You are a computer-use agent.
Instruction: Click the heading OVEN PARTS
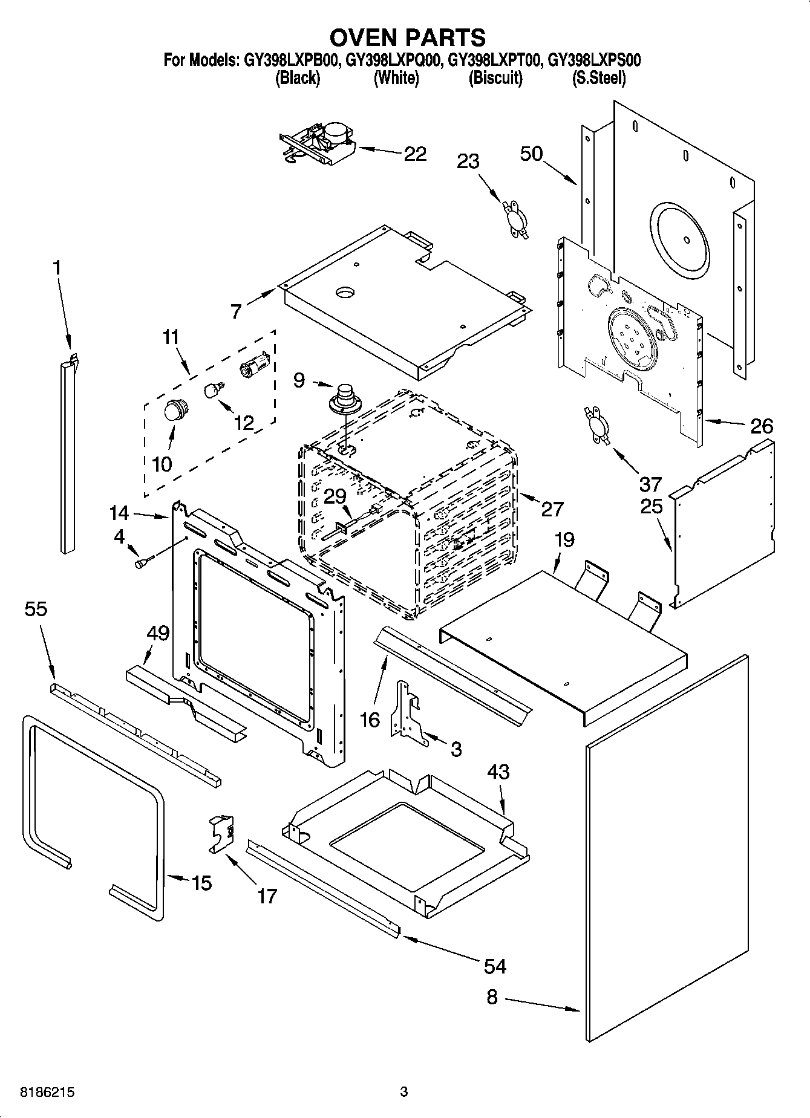point(407,37)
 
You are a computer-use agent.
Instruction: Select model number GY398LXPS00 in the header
point(593,60)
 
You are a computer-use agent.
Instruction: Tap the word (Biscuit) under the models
point(495,78)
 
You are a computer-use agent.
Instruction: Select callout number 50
point(531,154)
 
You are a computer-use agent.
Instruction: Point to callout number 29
point(335,496)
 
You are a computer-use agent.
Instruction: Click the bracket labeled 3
point(407,712)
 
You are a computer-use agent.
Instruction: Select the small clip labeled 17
point(221,834)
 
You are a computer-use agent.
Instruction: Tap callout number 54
point(495,966)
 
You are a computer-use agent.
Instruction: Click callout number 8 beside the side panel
point(492,996)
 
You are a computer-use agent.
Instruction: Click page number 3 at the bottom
point(404,1092)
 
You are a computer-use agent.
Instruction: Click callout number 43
point(498,772)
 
